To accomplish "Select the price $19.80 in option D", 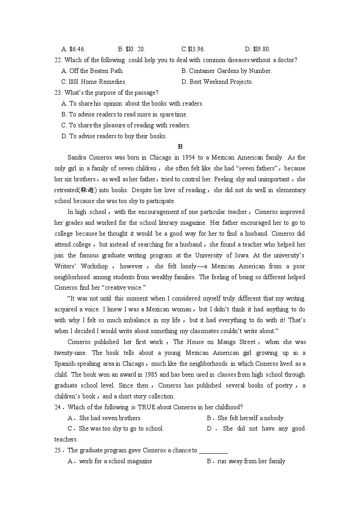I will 261,49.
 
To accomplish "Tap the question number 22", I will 58,60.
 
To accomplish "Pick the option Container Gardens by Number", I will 230,71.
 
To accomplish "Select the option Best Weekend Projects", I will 221,82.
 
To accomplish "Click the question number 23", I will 58,93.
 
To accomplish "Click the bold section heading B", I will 180,146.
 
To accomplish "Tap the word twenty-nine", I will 71,353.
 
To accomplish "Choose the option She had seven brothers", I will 110,418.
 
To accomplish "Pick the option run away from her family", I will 251,461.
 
